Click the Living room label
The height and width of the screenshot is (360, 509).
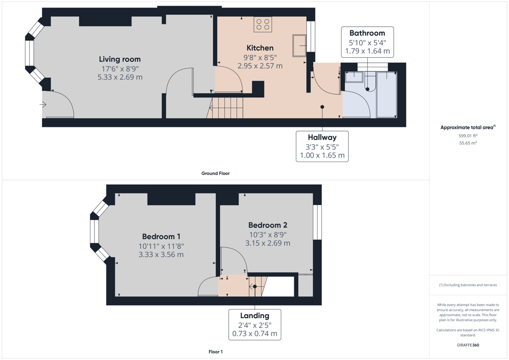(x=120, y=59)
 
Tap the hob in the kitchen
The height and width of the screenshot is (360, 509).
(x=262, y=24)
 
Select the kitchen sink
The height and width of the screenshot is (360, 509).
(x=299, y=45)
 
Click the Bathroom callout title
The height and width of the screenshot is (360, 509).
(x=367, y=33)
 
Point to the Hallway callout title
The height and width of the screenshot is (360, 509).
(x=322, y=137)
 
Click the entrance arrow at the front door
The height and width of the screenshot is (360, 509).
(x=43, y=104)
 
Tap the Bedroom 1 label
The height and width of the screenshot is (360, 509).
(x=161, y=237)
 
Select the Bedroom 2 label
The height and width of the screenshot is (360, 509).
(x=268, y=225)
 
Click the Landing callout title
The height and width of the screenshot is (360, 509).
(x=254, y=316)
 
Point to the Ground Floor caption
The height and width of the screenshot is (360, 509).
(x=216, y=174)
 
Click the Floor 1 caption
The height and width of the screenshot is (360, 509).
(x=216, y=352)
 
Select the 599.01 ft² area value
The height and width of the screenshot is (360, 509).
(x=468, y=136)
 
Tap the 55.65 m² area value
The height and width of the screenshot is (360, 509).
(x=468, y=143)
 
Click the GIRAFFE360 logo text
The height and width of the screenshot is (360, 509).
(x=468, y=345)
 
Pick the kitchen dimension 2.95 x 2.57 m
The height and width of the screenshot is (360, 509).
(x=260, y=66)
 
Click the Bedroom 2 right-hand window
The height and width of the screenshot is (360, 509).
(x=318, y=222)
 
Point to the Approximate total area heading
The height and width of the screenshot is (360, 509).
(x=468, y=128)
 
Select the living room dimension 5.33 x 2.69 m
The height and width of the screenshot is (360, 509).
(x=120, y=77)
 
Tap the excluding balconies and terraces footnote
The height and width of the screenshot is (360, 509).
(x=468, y=285)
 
